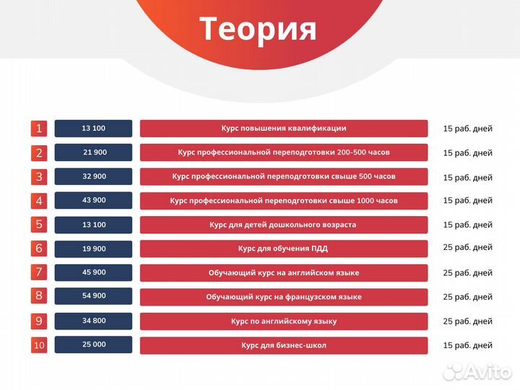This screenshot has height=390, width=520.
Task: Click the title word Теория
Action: (x=258, y=29)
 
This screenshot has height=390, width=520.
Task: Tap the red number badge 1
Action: (x=39, y=129)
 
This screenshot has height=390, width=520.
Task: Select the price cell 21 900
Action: (x=94, y=152)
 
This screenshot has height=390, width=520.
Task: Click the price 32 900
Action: (x=94, y=176)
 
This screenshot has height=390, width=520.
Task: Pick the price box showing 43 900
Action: (x=94, y=200)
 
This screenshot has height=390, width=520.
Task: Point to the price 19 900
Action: (x=94, y=248)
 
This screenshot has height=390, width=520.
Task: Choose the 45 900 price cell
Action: (x=94, y=272)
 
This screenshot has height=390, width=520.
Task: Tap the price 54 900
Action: (x=94, y=296)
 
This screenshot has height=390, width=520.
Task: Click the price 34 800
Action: (x=94, y=321)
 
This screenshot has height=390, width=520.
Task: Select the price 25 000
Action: (x=94, y=344)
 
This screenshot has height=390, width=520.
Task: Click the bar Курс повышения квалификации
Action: (x=284, y=129)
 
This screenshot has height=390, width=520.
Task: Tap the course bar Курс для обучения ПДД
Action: (x=284, y=248)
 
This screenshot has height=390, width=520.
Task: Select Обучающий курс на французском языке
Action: (x=284, y=297)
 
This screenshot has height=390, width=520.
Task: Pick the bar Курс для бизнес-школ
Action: (x=284, y=345)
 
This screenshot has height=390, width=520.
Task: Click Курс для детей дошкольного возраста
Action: (x=284, y=225)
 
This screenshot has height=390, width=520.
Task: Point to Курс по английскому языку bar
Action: (x=284, y=321)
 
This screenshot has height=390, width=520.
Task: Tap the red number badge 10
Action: (x=39, y=345)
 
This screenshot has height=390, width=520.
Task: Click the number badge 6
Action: (x=39, y=248)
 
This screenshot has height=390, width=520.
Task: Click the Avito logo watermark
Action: (x=477, y=371)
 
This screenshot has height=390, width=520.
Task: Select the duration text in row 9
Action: (x=467, y=321)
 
